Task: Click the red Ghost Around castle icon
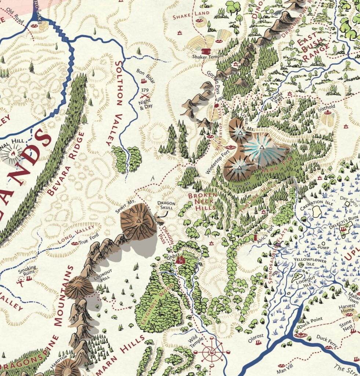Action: (x=180, y=260)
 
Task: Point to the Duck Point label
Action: (x=311, y=319)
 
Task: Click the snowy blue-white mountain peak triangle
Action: (x=262, y=147)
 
